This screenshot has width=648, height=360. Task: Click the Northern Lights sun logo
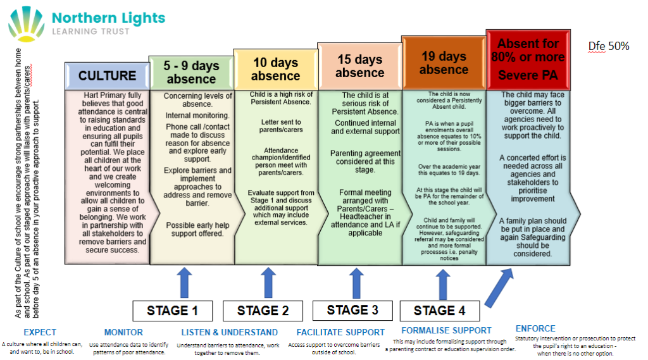click(26, 23)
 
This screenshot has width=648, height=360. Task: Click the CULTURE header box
click(107, 75)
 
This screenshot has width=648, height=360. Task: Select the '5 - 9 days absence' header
click(191, 72)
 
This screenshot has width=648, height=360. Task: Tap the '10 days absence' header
click(275, 69)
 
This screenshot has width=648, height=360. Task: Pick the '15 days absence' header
click(359, 66)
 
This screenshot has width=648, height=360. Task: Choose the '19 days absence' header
click(444, 63)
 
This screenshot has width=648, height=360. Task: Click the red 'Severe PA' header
click(528, 59)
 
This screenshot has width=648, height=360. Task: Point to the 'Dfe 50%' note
click(608, 46)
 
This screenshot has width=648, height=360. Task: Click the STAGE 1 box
click(172, 311)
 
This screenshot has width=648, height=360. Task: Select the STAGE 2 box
click(263, 311)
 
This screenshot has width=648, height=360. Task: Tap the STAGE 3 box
click(352, 310)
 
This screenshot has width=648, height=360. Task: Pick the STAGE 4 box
click(439, 311)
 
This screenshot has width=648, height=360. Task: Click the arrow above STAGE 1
click(185, 282)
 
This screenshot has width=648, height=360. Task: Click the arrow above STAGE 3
click(357, 282)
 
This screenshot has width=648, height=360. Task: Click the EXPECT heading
click(40, 332)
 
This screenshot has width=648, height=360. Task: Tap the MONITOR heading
click(123, 332)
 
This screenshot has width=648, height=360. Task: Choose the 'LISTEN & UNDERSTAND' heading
click(229, 332)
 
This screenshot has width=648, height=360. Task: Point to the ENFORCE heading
click(535, 328)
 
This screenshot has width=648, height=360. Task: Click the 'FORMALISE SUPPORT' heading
click(446, 330)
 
